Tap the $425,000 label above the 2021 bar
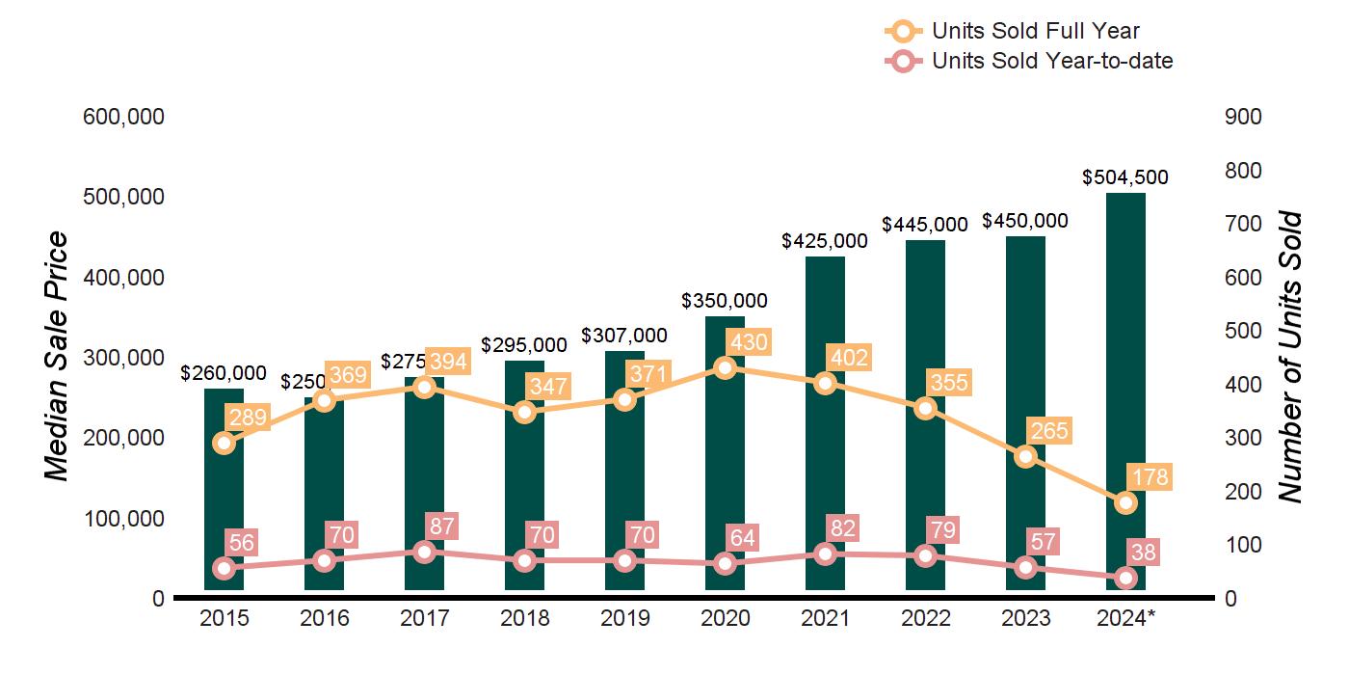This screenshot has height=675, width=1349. tap(825, 240)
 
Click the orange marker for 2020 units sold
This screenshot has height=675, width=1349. tap(725, 367)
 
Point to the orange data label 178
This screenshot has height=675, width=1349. tap(1150, 477)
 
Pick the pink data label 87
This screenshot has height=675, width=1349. tap(440, 526)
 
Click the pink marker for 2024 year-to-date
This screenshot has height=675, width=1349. tap(1125, 578)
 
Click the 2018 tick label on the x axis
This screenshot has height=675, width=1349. tap(524, 618)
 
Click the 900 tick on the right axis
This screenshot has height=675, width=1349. tap(1243, 117)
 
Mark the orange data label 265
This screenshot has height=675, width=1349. tap(1049, 430)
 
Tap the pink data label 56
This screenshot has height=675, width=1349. tap(240, 542)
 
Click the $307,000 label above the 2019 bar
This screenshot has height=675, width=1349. tap(623, 336)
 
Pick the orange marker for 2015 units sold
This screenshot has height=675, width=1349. tap(224, 443)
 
